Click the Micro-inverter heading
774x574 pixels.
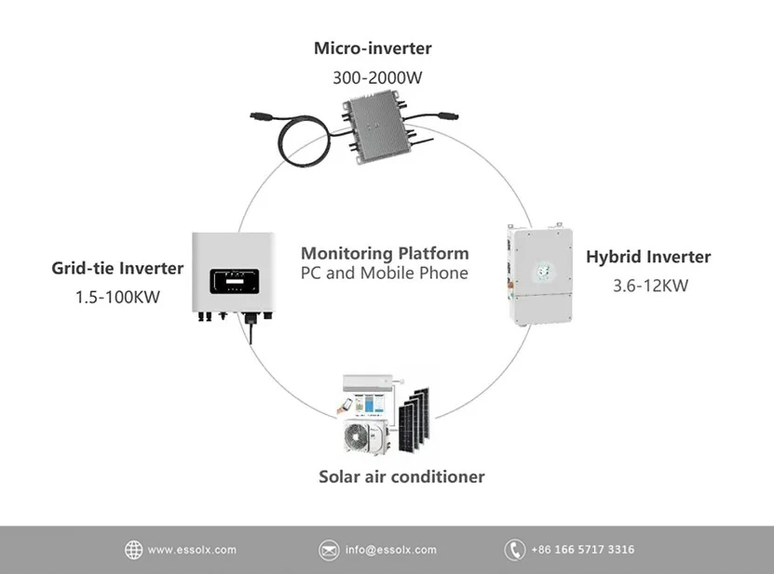pyautogui.click(x=373, y=47)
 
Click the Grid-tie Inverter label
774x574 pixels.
pyautogui.click(x=117, y=269)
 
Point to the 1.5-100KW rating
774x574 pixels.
pyautogui.click(x=117, y=299)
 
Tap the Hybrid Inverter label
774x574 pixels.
pyautogui.click(x=648, y=257)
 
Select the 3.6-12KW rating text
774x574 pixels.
pyautogui.click(x=648, y=286)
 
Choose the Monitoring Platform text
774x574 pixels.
pyautogui.click(x=385, y=253)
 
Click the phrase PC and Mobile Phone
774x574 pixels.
pyautogui.click(x=385, y=274)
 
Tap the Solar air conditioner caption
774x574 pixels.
pyautogui.click(x=401, y=476)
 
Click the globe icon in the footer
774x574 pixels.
pyautogui.click(x=134, y=550)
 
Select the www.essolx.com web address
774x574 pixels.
pyautogui.click(x=192, y=550)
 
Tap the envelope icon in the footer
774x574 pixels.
pyautogui.click(x=329, y=550)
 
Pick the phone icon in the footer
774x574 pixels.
pyautogui.click(x=514, y=550)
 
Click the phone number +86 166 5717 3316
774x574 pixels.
pyautogui.click(x=582, y=550)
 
